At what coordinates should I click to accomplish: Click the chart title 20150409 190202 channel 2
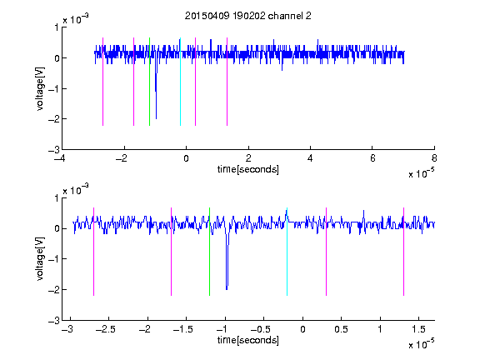point(248,16)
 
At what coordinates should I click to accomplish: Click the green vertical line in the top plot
point(149,82)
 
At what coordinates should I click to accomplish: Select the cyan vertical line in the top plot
point(180,82)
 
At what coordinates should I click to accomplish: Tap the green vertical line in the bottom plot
point(209,252)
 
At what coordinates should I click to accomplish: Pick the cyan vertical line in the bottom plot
point(287,252)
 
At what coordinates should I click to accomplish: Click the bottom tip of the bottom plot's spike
point(227,290)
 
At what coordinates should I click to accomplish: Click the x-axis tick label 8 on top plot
point(434,158)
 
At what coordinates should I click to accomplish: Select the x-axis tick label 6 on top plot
point(372,158)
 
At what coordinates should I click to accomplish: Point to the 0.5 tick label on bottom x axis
point(342,329)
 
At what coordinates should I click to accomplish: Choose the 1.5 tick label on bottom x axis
point(419,329)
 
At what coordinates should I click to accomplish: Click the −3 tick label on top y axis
point(53,150)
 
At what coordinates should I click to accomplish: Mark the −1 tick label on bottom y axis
point(53,259)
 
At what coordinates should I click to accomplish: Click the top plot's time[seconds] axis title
point(248,169)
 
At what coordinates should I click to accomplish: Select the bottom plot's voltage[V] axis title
point(40,258)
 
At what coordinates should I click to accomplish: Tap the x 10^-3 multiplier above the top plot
point(76,19)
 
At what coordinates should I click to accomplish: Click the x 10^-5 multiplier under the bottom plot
point(421,344)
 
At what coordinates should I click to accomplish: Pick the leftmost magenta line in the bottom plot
point(93,252)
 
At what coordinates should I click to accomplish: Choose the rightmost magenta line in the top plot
point(227,82)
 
